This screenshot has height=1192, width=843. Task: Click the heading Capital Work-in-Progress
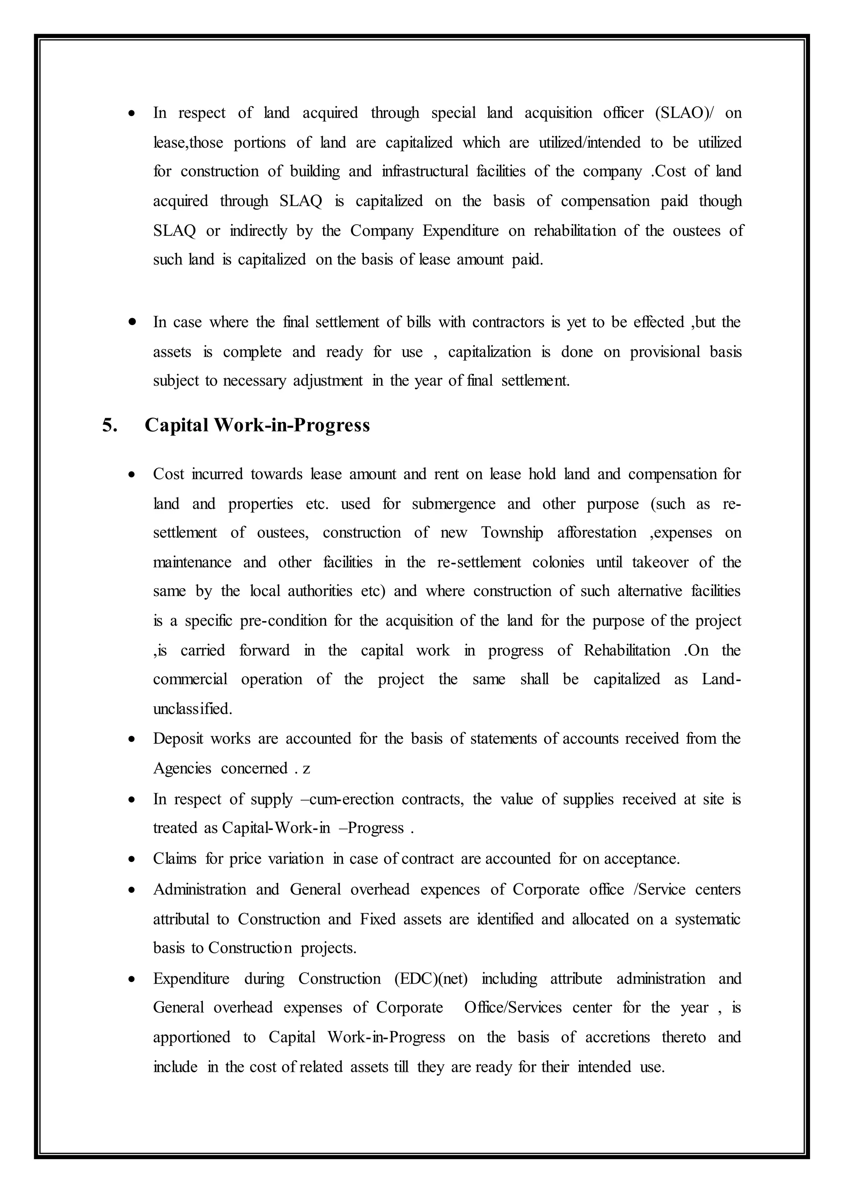pos(257,425)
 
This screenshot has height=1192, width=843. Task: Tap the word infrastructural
pos(425,171)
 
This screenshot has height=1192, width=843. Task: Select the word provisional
pos(664,352)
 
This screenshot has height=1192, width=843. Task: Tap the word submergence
pos(454,504)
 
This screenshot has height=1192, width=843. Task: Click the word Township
pos(512,533)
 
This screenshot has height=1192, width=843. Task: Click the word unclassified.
pos(192,709)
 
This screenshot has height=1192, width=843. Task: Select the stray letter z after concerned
pos(306,769)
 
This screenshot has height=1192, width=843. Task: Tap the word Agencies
pos(182,769)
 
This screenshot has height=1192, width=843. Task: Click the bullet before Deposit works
pos(133,739)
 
